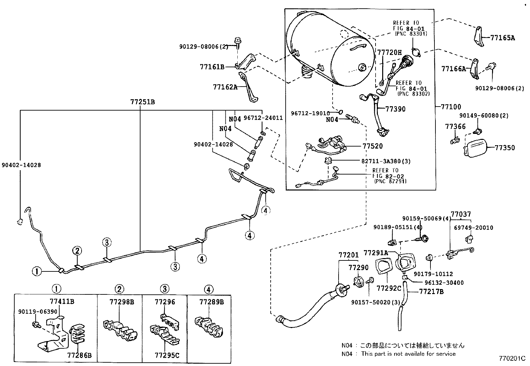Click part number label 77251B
(x=142, y=102)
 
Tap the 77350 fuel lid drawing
(x=475, y=148)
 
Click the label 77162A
(x=225, y=87)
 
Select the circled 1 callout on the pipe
(x=37, y=271)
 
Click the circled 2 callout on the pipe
(x=77, y=251)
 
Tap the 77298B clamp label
(x=122, y=302)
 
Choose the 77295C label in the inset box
(x=167, y=355)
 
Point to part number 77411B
(x=62, y=302)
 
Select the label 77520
(x=373, y=146)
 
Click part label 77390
(x=396, y=109)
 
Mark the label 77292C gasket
(x=389, y=288)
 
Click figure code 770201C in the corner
(x=512, y=359)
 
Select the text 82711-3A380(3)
(x=386, y=161)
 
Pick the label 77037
(x=461, y=214)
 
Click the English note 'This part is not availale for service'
(x=408, y=354)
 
